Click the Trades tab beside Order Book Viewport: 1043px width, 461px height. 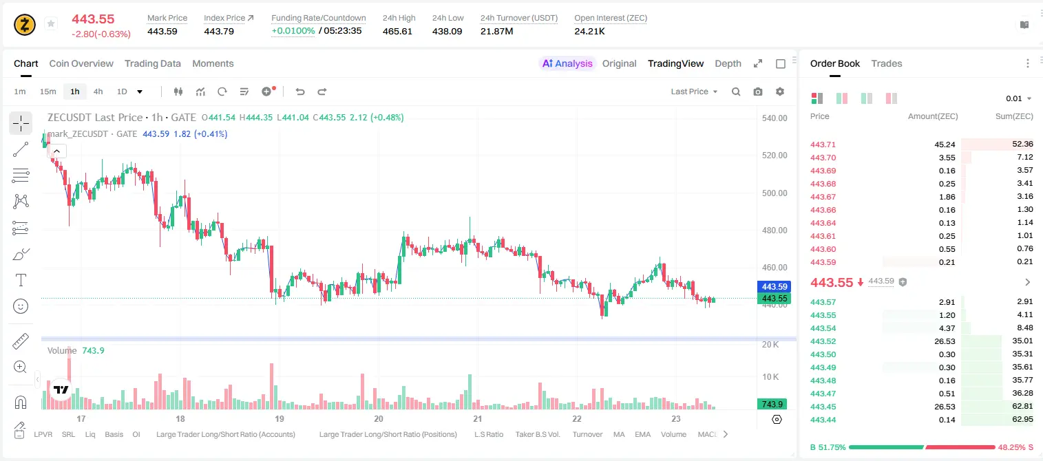887,63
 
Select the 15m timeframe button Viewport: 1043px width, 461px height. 48,92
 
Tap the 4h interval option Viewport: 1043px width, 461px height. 98,92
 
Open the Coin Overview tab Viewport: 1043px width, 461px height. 81,63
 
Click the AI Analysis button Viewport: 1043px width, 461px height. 567,63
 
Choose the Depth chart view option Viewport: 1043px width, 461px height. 728,63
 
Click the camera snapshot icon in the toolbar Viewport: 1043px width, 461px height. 758,92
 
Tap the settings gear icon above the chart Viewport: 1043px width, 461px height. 780,92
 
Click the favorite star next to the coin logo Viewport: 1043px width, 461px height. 51,23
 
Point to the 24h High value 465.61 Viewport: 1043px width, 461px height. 397,31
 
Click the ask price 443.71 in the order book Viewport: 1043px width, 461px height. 823,144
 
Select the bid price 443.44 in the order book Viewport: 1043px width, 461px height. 823,420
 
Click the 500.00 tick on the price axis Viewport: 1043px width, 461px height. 775,193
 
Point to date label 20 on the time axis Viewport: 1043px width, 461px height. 379,418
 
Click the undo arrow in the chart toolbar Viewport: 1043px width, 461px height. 300,92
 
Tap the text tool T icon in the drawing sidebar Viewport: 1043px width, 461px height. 21,280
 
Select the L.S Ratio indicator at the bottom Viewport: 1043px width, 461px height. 488,434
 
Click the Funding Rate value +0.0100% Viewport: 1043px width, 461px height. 293,31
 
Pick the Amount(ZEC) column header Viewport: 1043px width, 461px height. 933,116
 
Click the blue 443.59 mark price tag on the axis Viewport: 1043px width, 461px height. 775,286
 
